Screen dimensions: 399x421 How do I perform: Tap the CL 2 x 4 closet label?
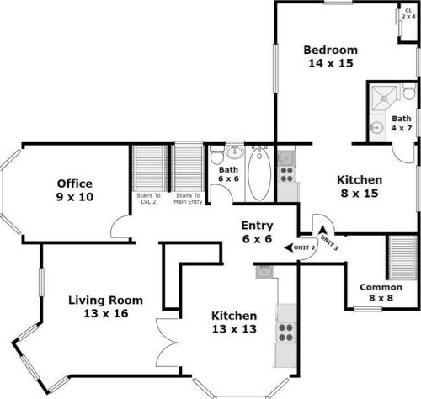tap(408, 13)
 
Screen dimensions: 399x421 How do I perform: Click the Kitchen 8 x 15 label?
tap(360, 186)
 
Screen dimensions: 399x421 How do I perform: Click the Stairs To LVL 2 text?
tap(148, 198)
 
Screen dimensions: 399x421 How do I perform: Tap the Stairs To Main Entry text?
tap(189, 198)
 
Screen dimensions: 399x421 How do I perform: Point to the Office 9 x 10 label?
tap(74, 190)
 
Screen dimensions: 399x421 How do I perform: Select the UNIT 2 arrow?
tap(300, 247)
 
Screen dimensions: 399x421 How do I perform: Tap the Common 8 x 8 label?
tap(376, 291)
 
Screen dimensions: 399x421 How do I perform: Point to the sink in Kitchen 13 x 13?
tap(266, 270)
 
